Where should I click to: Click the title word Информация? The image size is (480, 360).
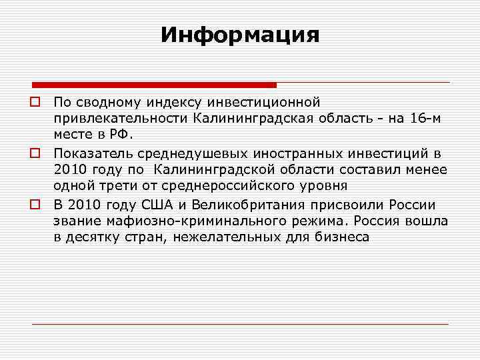tap(240, 34)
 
